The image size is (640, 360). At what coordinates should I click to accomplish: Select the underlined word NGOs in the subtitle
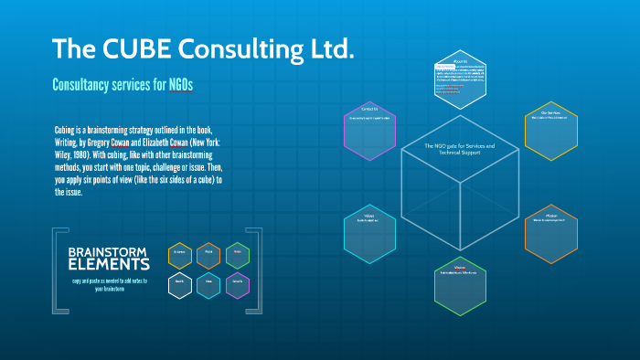click(181, 85)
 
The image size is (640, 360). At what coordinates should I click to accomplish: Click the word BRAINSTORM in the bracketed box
click(107, 251)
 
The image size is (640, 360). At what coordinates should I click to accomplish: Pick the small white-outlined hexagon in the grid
click(180, 284)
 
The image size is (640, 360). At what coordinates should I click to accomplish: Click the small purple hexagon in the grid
click(237, 284)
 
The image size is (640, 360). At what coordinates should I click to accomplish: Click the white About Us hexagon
click(460, 79)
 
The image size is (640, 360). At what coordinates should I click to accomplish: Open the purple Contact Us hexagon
click(368, 125)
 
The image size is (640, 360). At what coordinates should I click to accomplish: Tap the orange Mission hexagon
click(551, 234)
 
